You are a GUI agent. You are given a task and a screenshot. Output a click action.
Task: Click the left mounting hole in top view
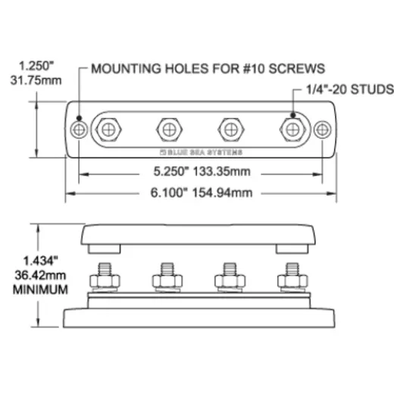(x=79, y=130)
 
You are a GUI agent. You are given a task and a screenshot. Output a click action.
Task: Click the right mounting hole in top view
(x=322, y=130)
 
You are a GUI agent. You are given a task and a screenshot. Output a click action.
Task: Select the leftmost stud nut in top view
(x=108, y=130)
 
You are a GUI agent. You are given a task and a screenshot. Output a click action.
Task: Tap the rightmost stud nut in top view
(x=292, y=130)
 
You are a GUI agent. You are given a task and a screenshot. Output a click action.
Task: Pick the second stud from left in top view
(x=169, y=130)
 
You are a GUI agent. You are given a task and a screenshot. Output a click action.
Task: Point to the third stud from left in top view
(x=231, y=130)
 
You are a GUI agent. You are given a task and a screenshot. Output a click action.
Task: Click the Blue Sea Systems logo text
(x=202, y=152)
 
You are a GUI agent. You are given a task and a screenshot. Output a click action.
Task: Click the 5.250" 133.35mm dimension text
(x=202, y=171)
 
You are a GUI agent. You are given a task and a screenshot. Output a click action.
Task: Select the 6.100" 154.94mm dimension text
(x=202, y=192)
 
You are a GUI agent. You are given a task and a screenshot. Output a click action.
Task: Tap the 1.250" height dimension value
(x=36, y=66)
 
